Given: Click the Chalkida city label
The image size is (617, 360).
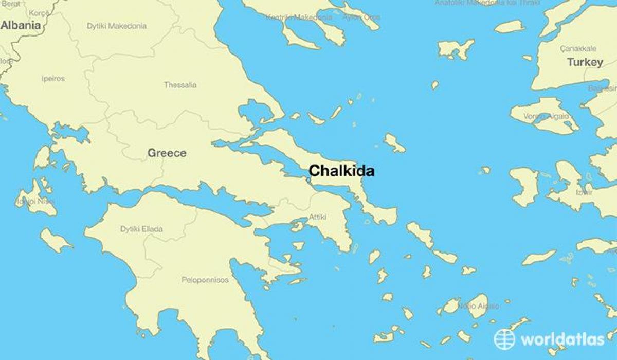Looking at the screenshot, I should tap(341, 171).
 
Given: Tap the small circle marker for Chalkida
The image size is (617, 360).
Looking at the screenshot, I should tap(308, 179).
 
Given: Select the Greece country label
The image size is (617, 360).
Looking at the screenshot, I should tap(167, 153).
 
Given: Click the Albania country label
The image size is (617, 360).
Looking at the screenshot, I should tap(21, 25).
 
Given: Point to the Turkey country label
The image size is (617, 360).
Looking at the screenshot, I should tap(585, 62).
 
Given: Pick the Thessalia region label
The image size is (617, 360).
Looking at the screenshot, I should tap(180, 85).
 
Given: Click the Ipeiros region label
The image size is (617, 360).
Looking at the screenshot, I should tap(53, 79).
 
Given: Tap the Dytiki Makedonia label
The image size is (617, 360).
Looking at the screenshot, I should tap(116, 26).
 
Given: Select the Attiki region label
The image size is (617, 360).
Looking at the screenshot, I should tap(317, 218).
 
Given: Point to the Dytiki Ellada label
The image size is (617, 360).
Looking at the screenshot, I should tap(141, 229).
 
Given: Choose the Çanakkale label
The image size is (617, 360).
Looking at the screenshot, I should tap(578, 49).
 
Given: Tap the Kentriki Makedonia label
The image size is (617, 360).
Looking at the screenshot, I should tap(299, 17).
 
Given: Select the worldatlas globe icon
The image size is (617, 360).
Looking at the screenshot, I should tap(504, 339).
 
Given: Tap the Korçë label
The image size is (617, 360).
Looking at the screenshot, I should tap(39, 12).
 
